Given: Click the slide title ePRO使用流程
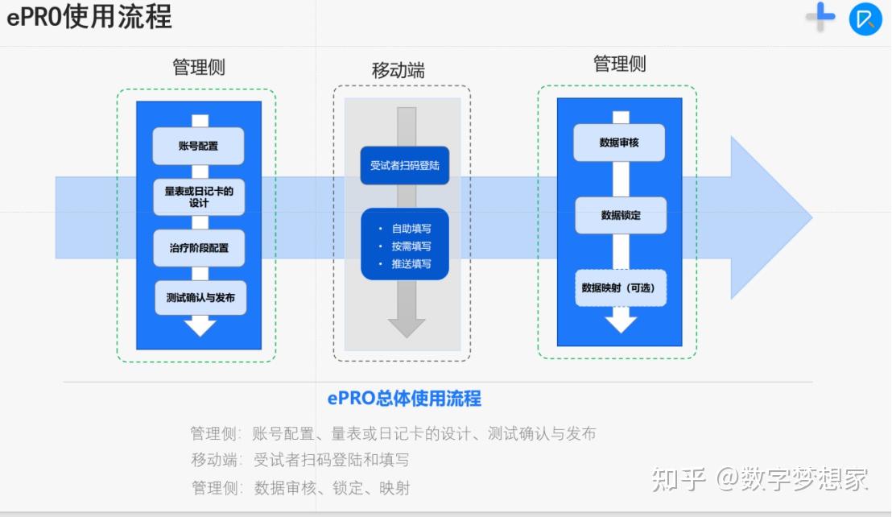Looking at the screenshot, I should tap(89, 17).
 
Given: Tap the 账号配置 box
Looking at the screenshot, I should tap(198, 147).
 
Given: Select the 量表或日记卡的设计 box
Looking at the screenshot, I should tap(198, 196).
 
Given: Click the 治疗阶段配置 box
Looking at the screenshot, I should tap(198, 248).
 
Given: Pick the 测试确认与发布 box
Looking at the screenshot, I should tap(200, 298).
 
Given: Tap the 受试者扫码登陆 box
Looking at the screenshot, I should tap(404, 166).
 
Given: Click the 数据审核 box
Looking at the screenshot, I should tap(619, 143).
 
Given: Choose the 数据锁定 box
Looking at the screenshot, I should tap(621, 215).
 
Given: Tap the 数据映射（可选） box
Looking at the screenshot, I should tap(620, 287).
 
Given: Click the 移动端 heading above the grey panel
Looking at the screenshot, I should tap(398, 71).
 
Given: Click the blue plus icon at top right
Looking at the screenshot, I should tap(821, 17).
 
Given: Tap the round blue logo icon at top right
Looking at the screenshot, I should tap(865, 19).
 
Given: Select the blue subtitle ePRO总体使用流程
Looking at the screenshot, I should tap(404, 398).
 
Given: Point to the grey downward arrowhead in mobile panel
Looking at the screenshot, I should tap(407, 327).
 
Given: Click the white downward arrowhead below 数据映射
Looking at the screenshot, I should tap(621, 323).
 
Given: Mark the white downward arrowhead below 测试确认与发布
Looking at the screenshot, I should tap(200, 326).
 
